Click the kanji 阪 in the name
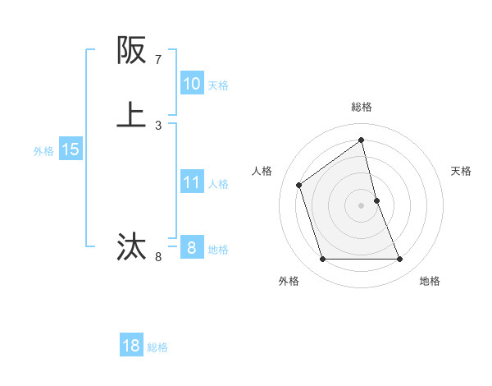pos(131,51)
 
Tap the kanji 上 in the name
pos(131,115)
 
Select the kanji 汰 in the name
pos(131,246)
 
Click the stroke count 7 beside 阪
pos(158,60)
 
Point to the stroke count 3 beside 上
pos(158,126)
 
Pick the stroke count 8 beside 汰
pos(158,257)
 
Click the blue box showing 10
pos(191,84)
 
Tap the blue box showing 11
pos(191,182)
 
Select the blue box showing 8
pos(191,248)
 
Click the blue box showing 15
pos(70,149)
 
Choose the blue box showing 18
pos(131,346)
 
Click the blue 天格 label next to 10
pos(218,85)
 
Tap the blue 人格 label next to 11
pos(218,184)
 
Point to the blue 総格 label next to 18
pos(157,347)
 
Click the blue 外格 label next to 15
pos(43,151)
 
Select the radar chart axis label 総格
pos(362,107)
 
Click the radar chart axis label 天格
pos(462,171)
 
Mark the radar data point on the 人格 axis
pos(299,185)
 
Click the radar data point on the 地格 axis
pos(400,260)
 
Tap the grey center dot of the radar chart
pos(362,204)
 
